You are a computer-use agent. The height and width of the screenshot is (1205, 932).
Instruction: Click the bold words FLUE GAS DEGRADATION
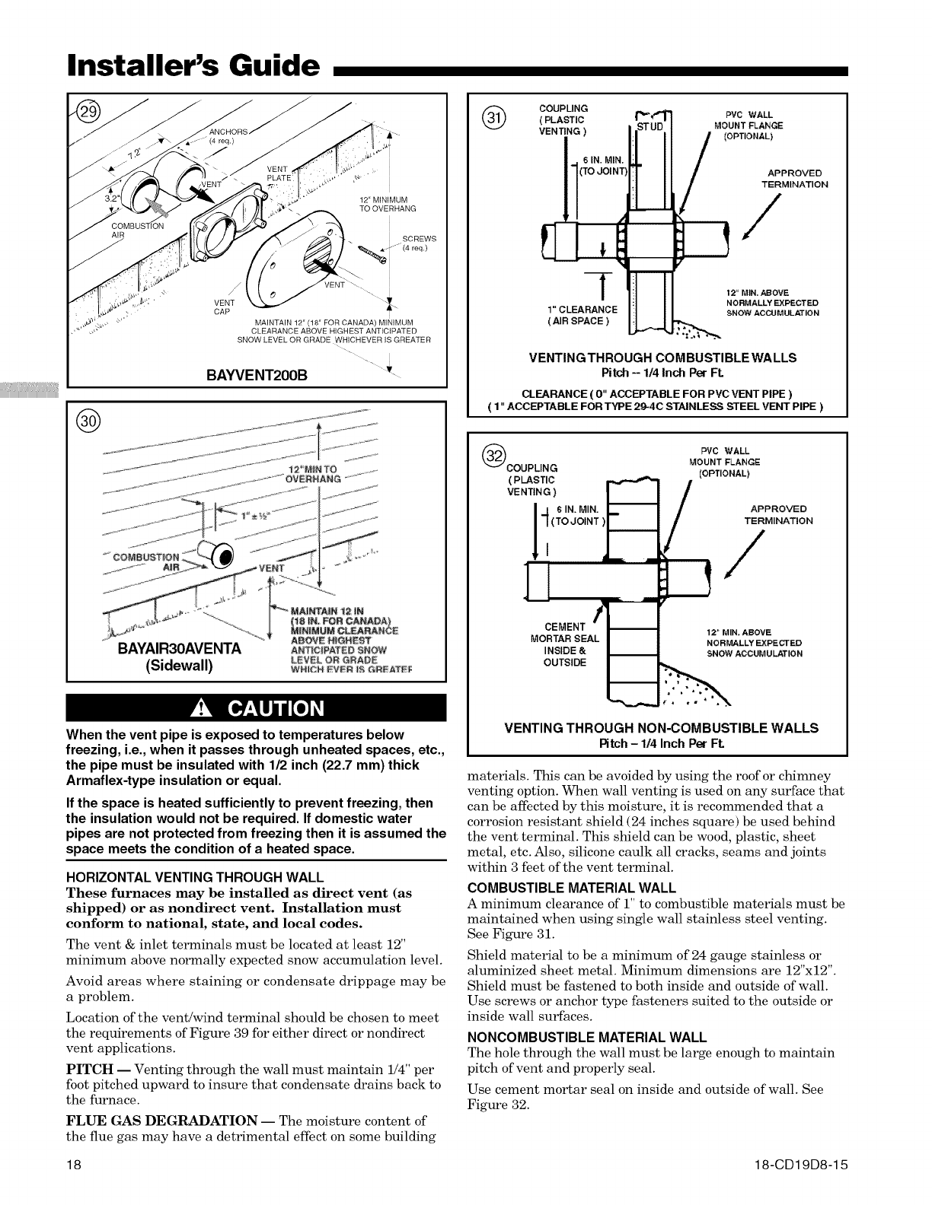pyautogui.click(x=161, y=1121)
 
